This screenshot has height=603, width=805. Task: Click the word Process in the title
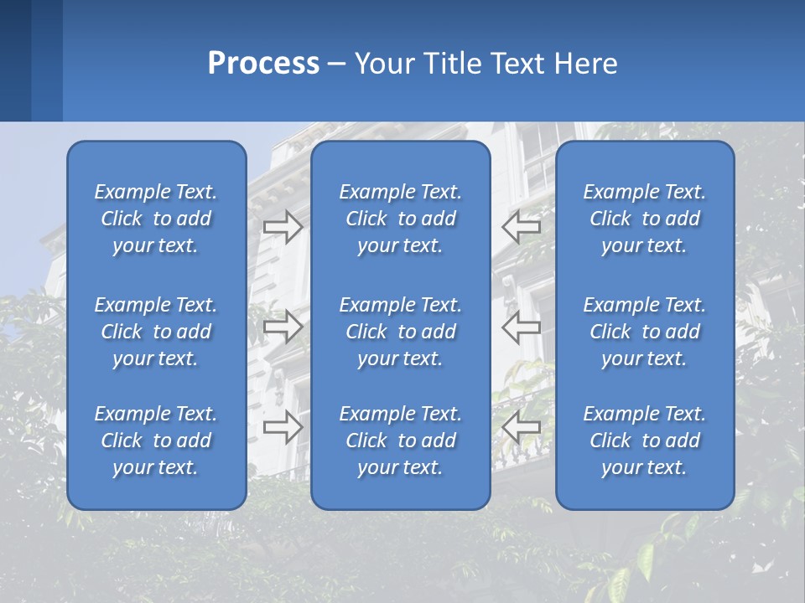tap(263, 64)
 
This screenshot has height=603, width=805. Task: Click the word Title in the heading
tap(450, 64)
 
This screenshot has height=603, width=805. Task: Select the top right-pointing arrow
tap(283, 226)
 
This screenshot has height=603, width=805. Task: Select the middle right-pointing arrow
tap(283, 327)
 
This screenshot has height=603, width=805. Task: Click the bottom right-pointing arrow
tap(283, 426)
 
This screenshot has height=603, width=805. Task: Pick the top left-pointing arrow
tap(522, 226)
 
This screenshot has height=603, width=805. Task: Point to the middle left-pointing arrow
tap(522, 327)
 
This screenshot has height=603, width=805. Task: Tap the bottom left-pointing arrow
tap(522, 426)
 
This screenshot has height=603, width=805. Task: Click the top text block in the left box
tap(156, 219)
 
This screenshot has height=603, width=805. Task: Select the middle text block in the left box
tap(156, 332)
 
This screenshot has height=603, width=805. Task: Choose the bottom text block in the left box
tap(156, 441)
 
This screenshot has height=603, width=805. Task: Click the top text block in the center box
tap(400, 219)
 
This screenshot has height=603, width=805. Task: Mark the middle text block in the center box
tap(400, 332)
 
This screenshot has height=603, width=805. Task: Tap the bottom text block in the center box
tap(400, 441)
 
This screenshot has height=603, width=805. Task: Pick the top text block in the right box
tap(644, 219)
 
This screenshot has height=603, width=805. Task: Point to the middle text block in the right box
tap(644, 332)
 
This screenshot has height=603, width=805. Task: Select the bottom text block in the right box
tap(644, 441)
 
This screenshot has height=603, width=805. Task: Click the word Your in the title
tap(385, 64)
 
